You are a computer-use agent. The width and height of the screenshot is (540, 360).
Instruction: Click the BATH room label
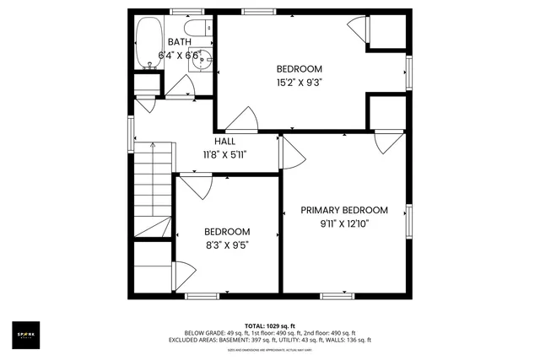179,42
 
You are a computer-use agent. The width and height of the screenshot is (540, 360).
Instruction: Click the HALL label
224,142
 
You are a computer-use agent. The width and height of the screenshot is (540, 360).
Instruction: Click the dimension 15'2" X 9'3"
300,83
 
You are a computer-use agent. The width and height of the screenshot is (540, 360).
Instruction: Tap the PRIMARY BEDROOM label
344,211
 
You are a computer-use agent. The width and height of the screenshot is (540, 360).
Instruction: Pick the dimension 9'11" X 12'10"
344,224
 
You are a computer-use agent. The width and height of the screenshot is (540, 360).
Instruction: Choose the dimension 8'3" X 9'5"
226,245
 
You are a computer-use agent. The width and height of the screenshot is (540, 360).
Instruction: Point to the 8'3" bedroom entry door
194,186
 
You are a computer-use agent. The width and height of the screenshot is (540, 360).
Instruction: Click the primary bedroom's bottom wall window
336,295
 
